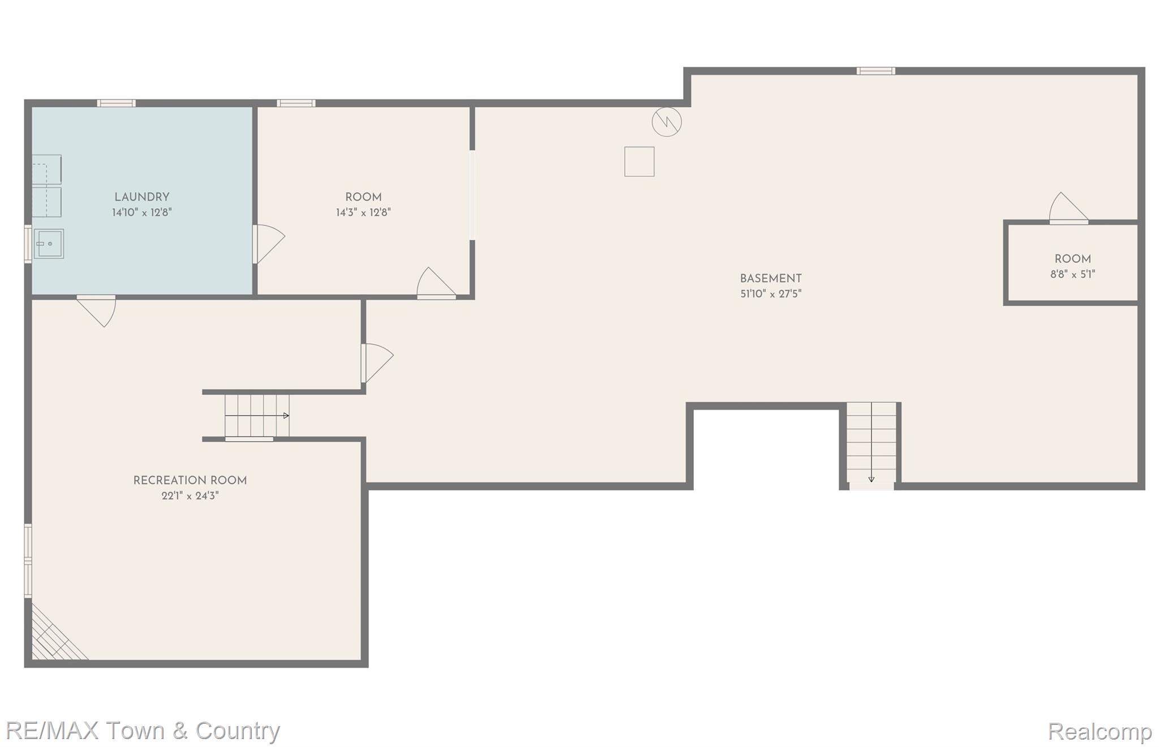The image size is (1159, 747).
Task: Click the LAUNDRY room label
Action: [x=141, y=197]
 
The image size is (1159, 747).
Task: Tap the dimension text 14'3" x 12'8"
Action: [x=363, y=213]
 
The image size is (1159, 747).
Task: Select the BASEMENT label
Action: [x=771, y=278]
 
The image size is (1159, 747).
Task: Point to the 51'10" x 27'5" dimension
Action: [x=771, y=294]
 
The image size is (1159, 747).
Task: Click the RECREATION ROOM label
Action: [x=190, y=481]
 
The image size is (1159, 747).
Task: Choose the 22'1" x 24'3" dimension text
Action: [x=190, y=496]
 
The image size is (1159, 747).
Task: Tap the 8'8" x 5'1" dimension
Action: [x=1072, y=275]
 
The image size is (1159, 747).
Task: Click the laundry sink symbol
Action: [x=49, y=244]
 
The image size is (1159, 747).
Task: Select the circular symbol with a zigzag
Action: [x=667, y=122]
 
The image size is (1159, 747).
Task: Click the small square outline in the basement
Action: [x=639, y=162]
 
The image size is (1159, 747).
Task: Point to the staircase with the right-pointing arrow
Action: [x=257, y=416]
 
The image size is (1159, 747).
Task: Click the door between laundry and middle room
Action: [x=268, y=244]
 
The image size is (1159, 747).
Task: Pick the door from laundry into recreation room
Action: [x=97, y=310]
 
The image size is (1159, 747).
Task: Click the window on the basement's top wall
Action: [x=875, y=71]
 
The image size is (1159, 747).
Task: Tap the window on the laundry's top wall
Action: [x=116, y=103]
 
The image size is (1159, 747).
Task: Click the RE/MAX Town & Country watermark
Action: [x=143, y=731]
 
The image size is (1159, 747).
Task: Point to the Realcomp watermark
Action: [x=1100, y=732]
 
